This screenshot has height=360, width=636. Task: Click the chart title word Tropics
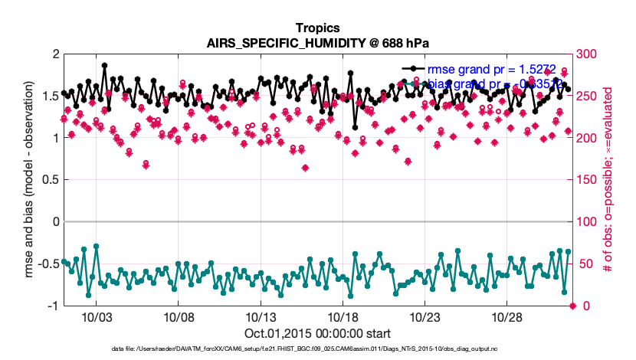[317, 28]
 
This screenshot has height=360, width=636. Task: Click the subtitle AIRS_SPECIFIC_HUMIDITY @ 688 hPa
[317, 43]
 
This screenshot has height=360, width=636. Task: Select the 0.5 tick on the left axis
[51, 180]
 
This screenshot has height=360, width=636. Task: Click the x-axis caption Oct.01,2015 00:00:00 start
[317, 333]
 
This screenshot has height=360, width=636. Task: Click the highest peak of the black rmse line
[104, 66]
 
